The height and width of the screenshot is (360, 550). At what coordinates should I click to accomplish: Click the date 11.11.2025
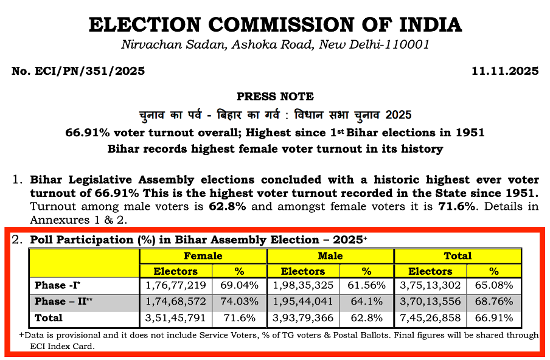(x=505, y=71)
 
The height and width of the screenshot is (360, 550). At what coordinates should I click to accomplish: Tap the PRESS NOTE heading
(x=275, y=97)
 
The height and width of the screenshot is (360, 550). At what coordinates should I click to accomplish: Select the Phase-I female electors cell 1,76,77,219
(x=175, y=285)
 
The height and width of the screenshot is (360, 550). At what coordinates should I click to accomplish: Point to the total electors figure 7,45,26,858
(x=430, y=317)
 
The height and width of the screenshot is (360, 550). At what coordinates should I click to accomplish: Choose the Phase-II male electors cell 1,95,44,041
(x=303, y=302)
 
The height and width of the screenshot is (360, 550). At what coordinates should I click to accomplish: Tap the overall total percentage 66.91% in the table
(x=494, y=317)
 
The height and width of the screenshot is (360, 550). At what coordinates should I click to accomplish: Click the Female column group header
(x=203, y=256)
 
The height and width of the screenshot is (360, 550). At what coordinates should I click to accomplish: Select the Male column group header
(x=330, y=256)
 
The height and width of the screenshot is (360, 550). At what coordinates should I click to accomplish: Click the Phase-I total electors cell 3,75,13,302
(x=430, y=285)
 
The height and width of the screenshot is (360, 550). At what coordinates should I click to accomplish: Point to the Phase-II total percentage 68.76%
(x=494, y=302)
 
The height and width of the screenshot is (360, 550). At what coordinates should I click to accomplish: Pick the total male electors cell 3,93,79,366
(x=303, y=317)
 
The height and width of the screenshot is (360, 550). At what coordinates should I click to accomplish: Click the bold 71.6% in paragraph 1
(x=453, y=206)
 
